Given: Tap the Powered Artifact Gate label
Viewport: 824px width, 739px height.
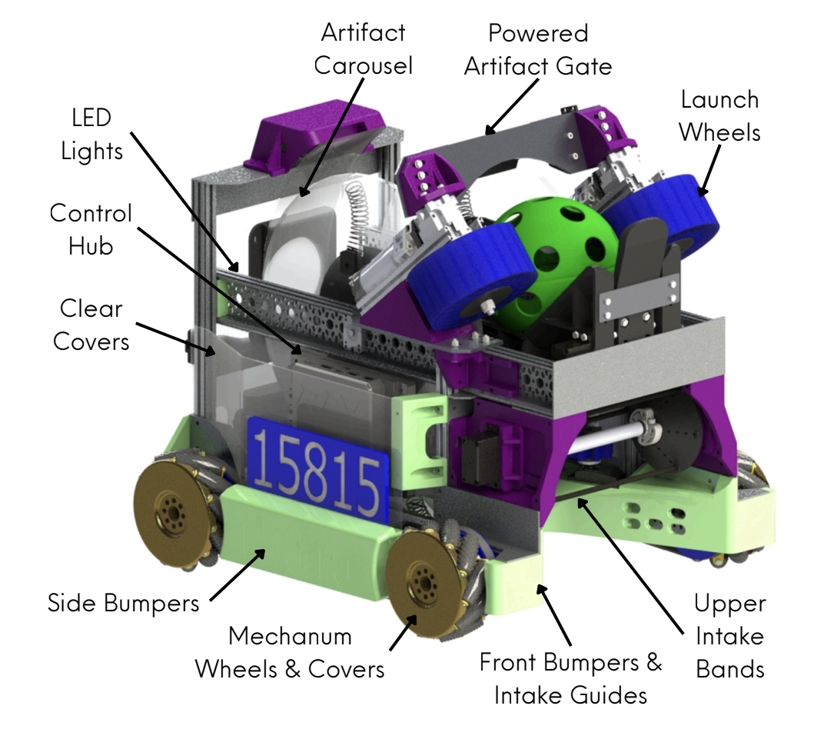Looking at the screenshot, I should [539, 48].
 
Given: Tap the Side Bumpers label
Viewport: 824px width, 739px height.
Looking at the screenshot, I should [123, 602].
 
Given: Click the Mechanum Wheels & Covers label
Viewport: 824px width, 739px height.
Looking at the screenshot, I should [289, 653].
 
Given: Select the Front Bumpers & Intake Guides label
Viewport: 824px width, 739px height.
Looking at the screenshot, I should [570, 679].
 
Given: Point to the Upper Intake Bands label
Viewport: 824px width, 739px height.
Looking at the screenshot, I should [729, 635].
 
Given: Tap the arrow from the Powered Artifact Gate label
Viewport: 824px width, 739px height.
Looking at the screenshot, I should [514, 105].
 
